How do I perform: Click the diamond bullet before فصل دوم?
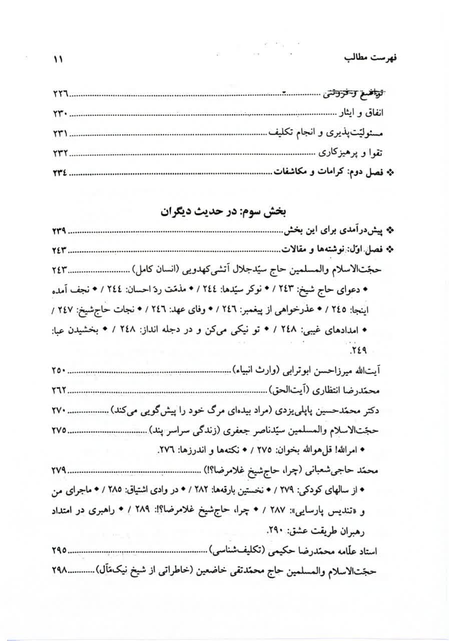391,172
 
